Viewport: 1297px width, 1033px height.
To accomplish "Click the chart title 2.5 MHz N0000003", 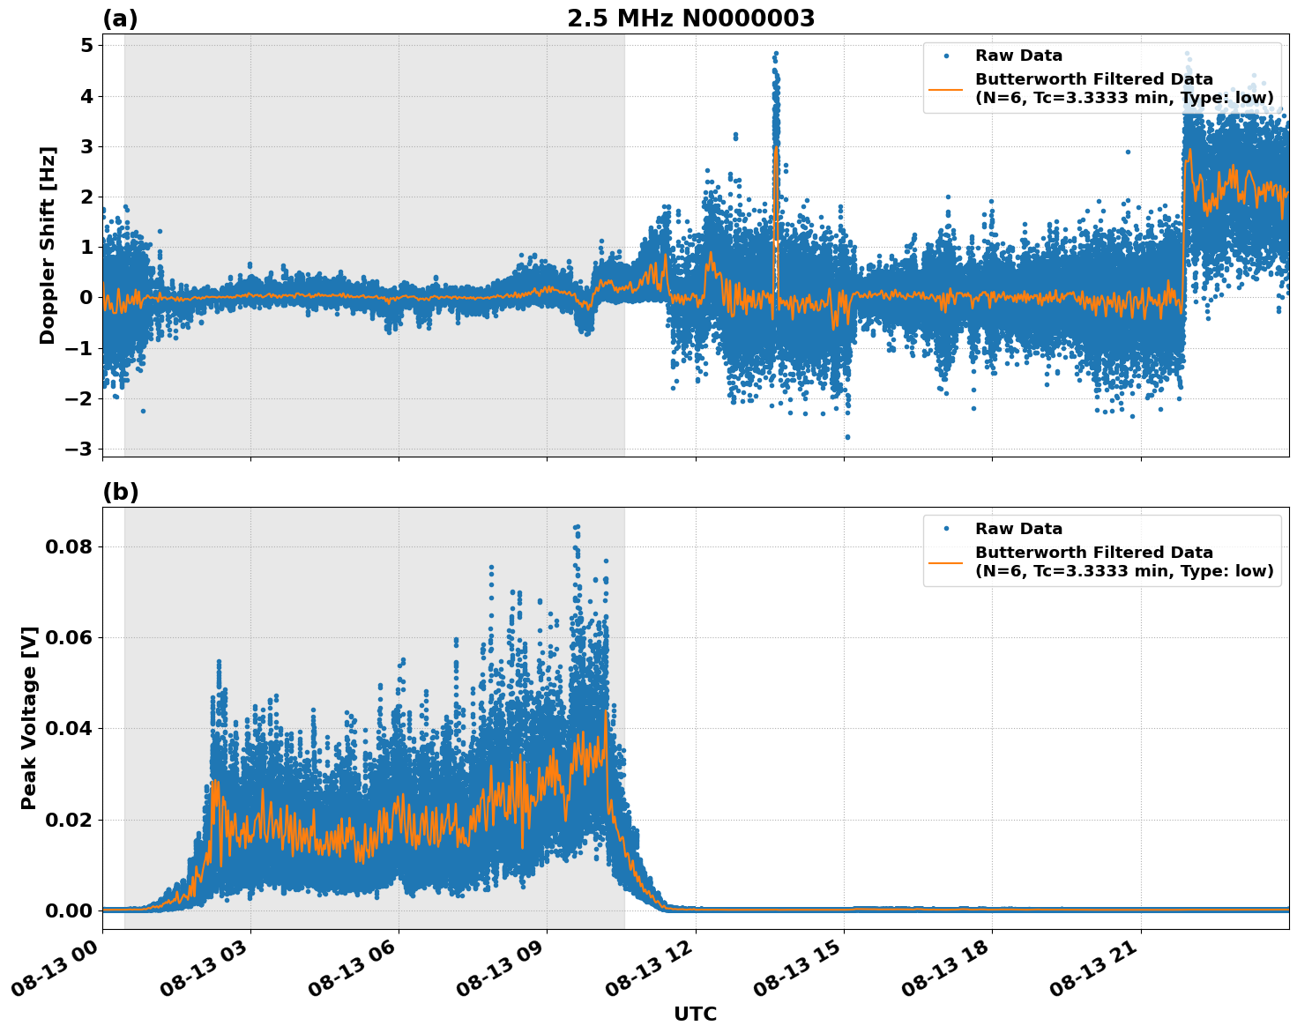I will (x=690, y=19).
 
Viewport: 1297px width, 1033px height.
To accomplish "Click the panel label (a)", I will (x=120, y=19).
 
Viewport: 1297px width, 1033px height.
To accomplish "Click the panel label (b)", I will (x=120, y=492).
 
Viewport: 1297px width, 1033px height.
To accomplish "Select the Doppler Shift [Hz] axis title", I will (x=48, y=245).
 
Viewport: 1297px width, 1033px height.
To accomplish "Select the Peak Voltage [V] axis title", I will (x=29, y=717).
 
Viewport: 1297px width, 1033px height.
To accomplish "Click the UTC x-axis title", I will (x=695, y=1014).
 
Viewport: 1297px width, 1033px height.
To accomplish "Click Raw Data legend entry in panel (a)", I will (x=1018, y=56).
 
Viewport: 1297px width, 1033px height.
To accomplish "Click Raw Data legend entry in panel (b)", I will (x=1018, y=529).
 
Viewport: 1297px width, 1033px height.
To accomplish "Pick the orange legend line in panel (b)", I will (x=945, y=561).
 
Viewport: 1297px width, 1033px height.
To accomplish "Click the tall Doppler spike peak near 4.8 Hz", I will (x=775, y=53).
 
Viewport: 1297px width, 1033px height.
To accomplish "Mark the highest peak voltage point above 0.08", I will (x=577, y=526).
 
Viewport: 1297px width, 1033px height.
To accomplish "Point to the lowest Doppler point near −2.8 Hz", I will (x=847, y=436).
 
